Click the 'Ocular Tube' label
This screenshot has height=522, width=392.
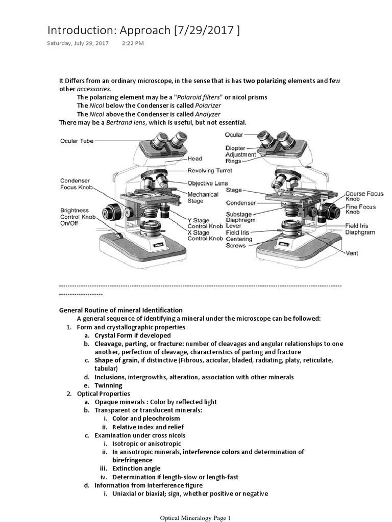[77, 141]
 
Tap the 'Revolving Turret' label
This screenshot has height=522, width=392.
[210, 171]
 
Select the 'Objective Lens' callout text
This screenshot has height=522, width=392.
[207, 183]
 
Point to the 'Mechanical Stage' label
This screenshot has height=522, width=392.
[203, 198]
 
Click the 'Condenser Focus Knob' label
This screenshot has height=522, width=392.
[76, 184]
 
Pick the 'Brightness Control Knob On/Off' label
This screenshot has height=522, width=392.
[78, 217]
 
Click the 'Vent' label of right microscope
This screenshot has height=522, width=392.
[352, 252]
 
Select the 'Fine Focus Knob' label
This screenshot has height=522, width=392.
[360, 210]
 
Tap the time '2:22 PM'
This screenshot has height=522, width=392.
[133, 43]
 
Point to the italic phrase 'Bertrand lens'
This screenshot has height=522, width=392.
[126, 123]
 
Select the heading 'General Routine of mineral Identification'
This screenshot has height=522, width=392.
[121, 310]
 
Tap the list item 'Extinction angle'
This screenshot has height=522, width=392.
[136, 468]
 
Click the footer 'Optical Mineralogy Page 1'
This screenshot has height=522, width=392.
[196, 518]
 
